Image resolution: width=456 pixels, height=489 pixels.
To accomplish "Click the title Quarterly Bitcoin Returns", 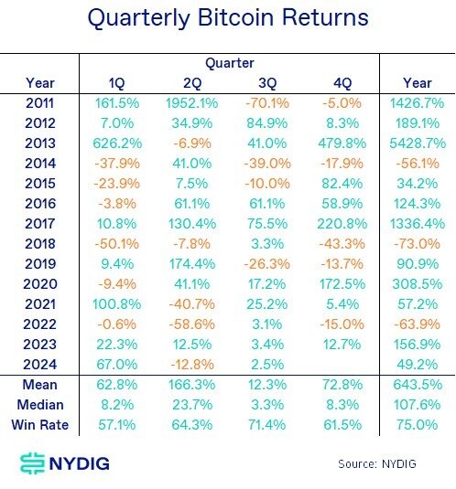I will coord(228,18).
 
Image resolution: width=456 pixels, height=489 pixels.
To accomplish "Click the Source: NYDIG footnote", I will coord(376,463).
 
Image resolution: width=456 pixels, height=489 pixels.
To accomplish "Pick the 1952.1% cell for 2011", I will coord(190,104).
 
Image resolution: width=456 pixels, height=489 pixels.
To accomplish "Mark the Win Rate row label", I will coord(40,425).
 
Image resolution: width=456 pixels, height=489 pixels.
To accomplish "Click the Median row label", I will coord(40,405).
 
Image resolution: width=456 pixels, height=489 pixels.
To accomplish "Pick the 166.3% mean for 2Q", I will coord(190,385).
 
